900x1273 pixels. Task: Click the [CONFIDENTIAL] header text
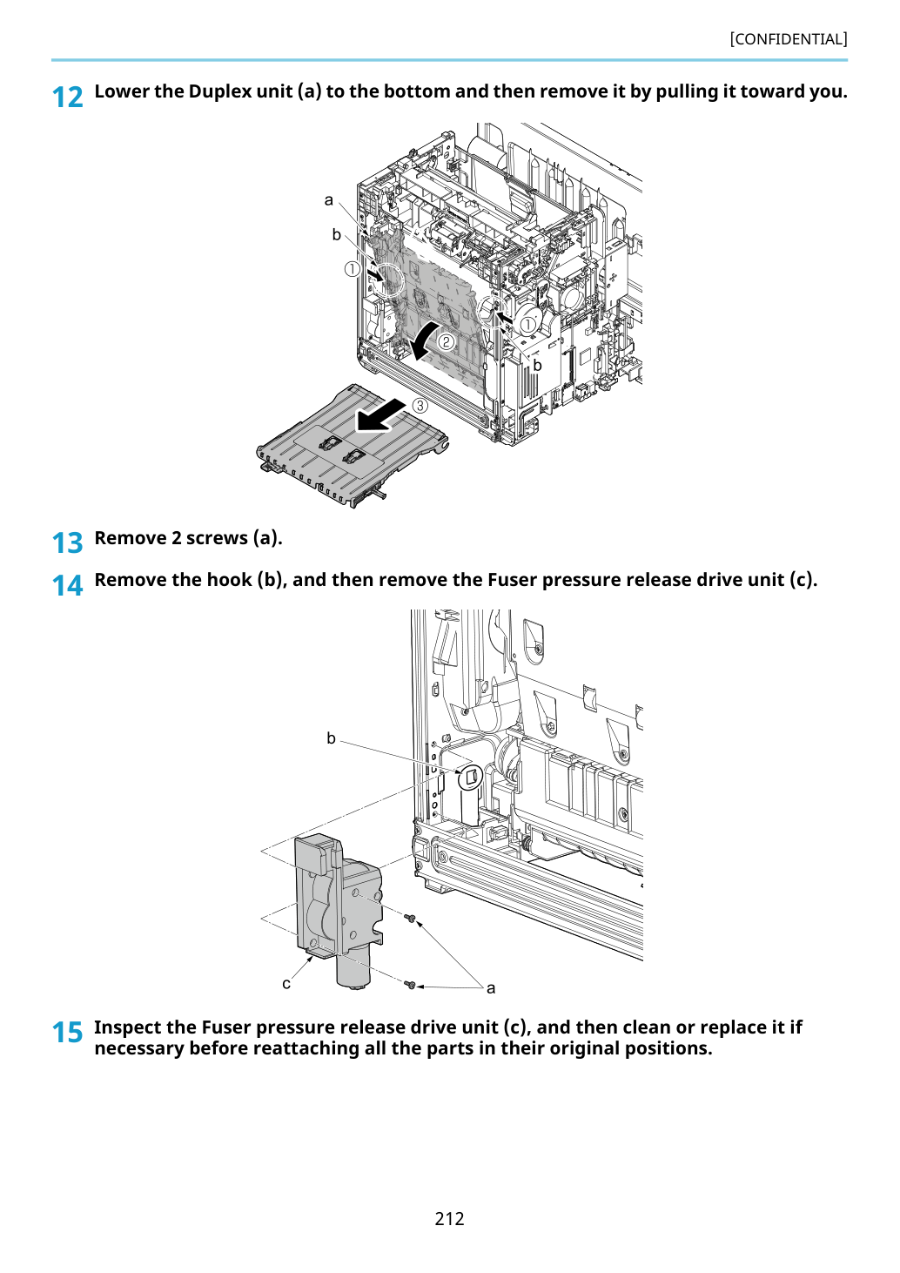point(788,39)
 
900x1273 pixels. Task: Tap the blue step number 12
point(67,98)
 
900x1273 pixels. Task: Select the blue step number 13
point(67,542)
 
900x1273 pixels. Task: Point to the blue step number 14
point(67,585)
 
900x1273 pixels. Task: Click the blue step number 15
point(67,1032)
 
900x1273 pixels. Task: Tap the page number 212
point(449,1218)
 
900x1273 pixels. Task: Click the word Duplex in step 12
point(220,92)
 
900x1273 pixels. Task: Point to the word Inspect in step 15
point(129,1028)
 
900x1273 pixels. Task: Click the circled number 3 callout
point(420,406)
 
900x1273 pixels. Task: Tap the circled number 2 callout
point(446,341)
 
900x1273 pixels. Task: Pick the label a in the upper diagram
point(328,200)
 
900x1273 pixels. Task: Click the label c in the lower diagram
point(286,984)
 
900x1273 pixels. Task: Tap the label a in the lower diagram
point(492,988)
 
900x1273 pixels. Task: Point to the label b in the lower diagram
point(331,738)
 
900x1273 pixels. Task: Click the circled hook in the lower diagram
point(470,777)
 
